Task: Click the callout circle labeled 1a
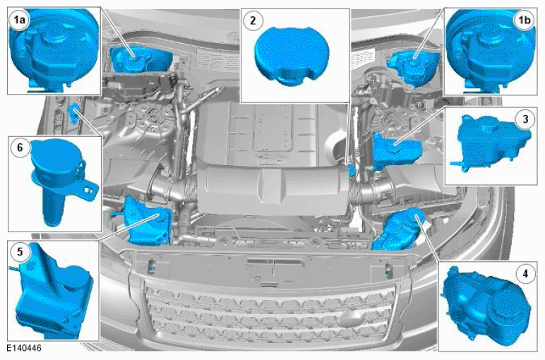tap(20, 20)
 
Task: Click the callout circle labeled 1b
tap(524, 20)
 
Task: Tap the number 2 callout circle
tap(253, 20)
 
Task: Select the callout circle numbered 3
tap(525, 119)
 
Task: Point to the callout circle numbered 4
tap(525, 274)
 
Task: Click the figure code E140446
tap(23, 348)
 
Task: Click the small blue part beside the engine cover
tap(352, 170)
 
